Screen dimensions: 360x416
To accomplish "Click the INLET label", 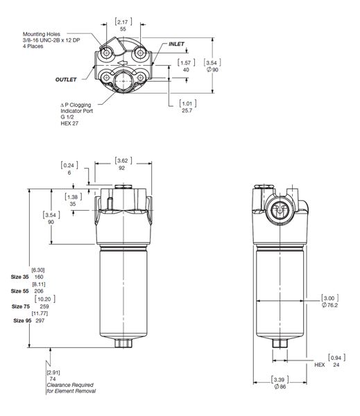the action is pyautogui.click(x=176, y=44).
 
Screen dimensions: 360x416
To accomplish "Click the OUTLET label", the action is pyautogui.click(x=66, y=80).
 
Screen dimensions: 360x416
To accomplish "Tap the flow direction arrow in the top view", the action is pyautogui.click(x=123, y=63).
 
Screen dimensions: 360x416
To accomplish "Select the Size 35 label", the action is pyautogui.click(x=19, y=277).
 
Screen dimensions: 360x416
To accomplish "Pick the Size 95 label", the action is pyautogui.click(x=22, y=321).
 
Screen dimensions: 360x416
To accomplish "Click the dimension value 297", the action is pyautogui.click(x=40, y=321).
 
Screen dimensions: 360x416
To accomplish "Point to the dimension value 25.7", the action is pyautogui.click(x=187, y=110).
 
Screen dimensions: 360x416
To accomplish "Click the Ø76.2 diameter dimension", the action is pyautogui.click(x=329, y=305).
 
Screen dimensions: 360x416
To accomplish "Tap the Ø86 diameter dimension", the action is pyautogui.click(x=280, y=387).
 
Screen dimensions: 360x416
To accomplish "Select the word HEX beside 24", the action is pyautogui.click(x=320, y=365).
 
